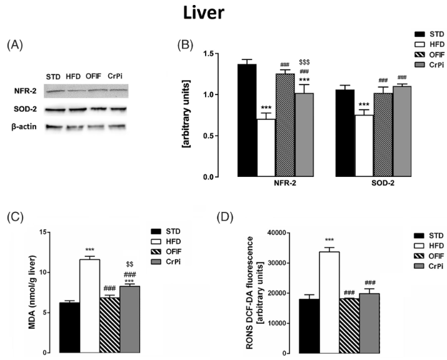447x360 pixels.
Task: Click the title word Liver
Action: pyautogui.click(x=223, y=14)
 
